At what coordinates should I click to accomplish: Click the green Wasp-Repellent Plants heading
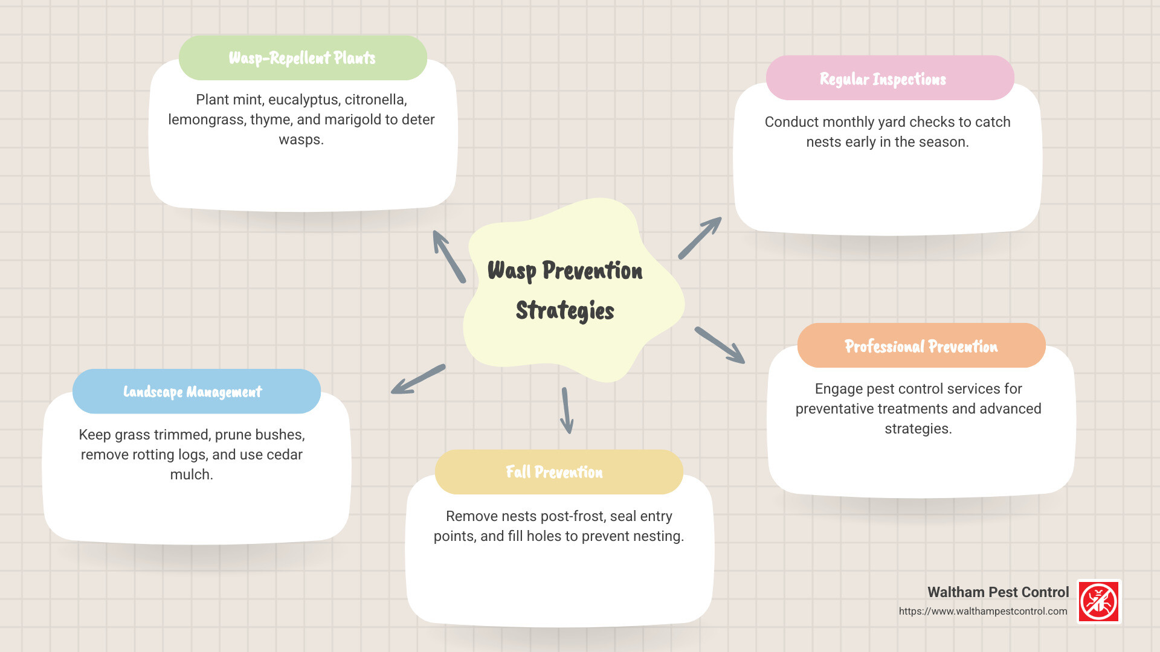[302, 58]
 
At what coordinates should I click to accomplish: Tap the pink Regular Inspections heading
[883, 79]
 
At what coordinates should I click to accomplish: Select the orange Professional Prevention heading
[921, 346]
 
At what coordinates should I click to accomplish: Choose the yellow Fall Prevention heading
[554, 471]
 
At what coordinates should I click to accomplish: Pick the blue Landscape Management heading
[193, 392]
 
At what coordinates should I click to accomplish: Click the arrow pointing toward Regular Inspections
[700, 238]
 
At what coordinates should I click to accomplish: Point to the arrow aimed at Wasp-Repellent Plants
[449, 257]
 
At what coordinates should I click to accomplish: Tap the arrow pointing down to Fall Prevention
[566, 411]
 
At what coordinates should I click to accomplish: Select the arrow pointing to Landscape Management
[418, 379]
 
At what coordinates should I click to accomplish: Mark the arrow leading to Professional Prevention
[720, 345]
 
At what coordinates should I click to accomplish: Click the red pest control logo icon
[1099, 601]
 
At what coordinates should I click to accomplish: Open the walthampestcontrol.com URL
[982, 611]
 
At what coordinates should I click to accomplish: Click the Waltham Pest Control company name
[998, 592]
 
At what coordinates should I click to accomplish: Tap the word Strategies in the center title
[565, 310]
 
